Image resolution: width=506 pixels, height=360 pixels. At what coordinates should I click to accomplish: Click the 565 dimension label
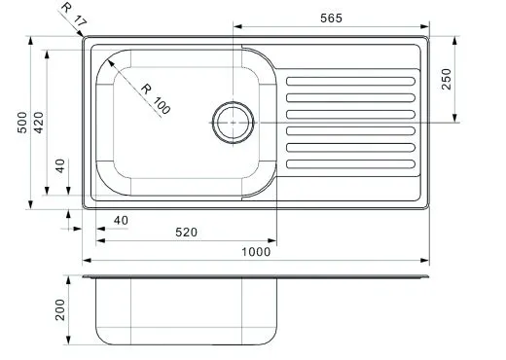(331, 18)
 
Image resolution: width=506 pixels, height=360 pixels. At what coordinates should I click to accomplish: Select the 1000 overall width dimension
(256, 252)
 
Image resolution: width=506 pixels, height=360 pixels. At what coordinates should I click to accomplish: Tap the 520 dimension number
(186, 233)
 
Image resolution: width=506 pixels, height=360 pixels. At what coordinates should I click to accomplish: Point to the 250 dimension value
(447, 79)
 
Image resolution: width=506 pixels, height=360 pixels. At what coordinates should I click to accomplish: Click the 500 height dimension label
(22, 123)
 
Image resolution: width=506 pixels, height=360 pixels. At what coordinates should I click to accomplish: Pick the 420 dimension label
(39, 123)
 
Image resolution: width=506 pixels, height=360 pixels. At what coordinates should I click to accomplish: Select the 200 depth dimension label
(60, 310)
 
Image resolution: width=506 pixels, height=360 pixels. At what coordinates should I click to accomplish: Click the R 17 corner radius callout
(74, 15)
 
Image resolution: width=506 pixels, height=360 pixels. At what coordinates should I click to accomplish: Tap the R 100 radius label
(156, 99)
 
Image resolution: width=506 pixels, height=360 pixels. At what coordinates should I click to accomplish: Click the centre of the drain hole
(233, 123)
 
